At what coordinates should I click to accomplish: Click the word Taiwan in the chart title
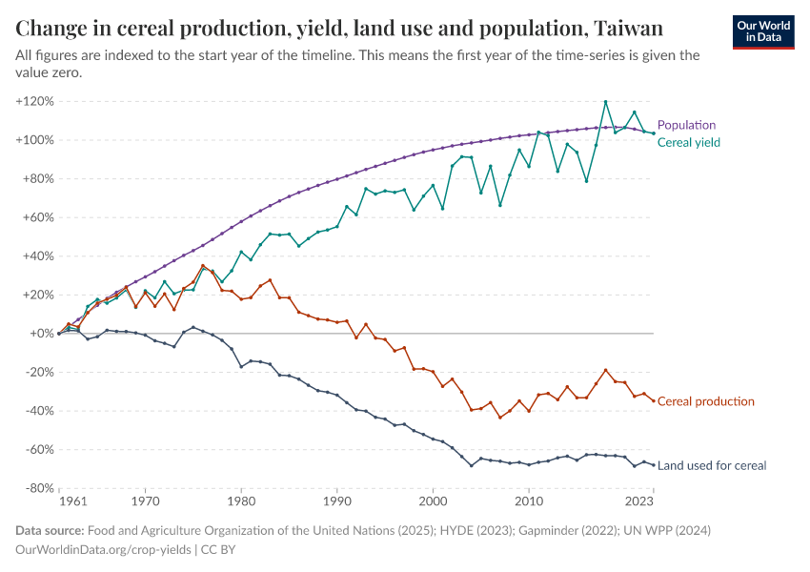pyautogui.click(x=628, y=27)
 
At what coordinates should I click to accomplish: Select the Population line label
pyautogui.click(x=686, y=125)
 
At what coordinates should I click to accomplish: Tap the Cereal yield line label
pyautogui.click(x=688, y=142)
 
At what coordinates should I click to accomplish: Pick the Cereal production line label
pyautogui.click(x=705, y=401)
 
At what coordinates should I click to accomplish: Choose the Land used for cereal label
pyautogui.click(x=712, y=465)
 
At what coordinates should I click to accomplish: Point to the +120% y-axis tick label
pyautogui.click(x=34, y=101)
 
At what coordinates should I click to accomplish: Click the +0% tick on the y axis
pyautogui.click(x=40, y=334)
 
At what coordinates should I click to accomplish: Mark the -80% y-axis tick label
pyautogui.click(x=37, y=488)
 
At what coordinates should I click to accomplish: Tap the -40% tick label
pyautogui.click(x=37, y=411)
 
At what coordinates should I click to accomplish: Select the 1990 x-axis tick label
pyautogui.click(x=336, y=500)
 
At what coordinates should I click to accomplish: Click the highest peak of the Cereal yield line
pyautogui.click(x=605, y=101)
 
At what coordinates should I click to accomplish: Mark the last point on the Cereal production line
pyautogui.click(x=653, y=400)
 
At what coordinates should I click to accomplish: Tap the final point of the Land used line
pyautogui.click(x=653, y=464)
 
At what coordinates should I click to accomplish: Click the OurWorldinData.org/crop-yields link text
pyautogui.click(x=104, y=550)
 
